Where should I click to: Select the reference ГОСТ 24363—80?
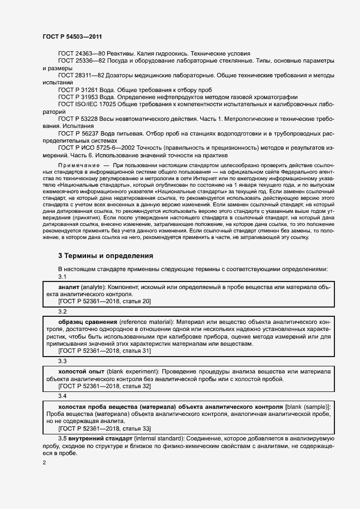82,53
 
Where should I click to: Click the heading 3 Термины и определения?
105,255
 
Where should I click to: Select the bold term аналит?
69,286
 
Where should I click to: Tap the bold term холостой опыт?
81,372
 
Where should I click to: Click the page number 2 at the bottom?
45,463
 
